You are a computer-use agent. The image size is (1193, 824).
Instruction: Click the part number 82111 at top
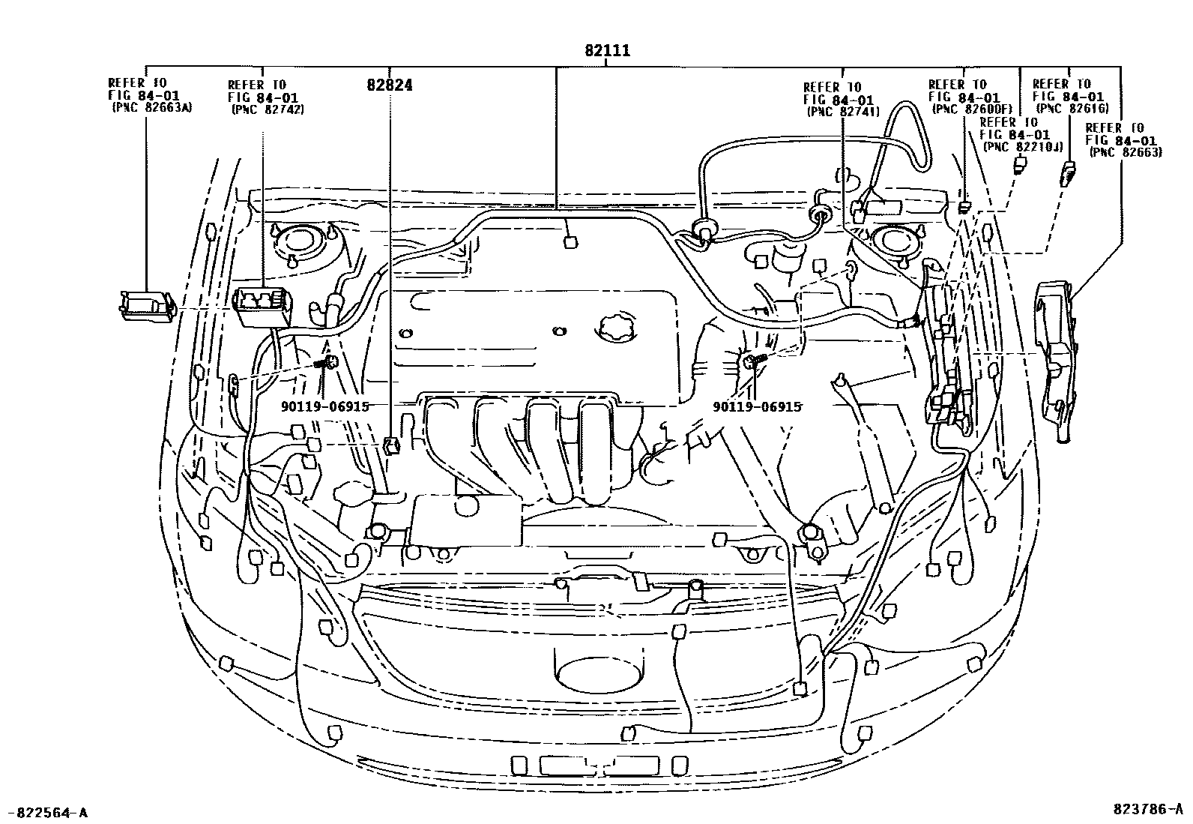[x=607, y=50]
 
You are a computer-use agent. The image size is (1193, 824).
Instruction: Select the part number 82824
[x=389, y=85]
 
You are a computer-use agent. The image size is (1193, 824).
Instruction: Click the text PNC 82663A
[x=151, y=107]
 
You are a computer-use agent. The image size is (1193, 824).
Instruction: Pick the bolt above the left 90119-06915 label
[x=327, y=364]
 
